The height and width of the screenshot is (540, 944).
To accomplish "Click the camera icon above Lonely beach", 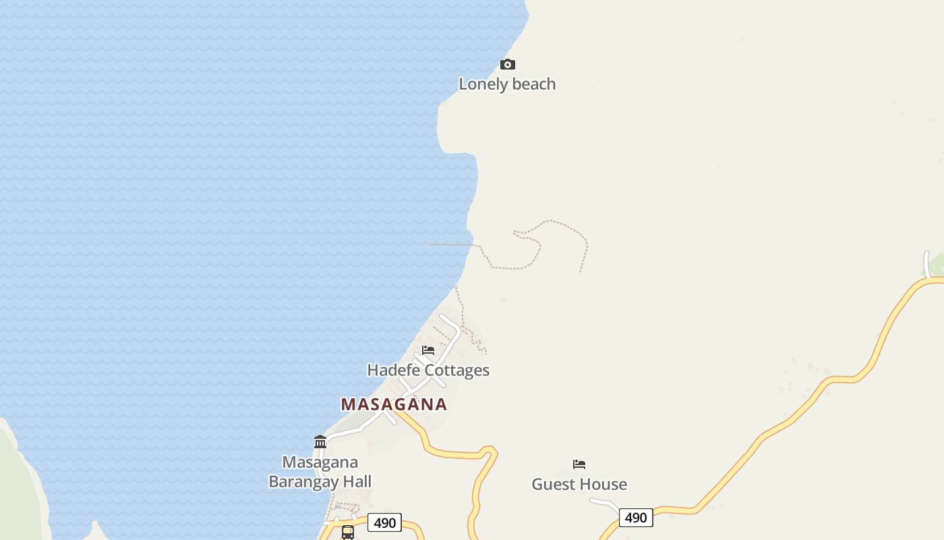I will tap(508, 65).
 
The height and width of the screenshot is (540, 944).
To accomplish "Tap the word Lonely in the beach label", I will tap(483, 84).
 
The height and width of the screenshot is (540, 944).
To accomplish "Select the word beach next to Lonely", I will tap(533, 84).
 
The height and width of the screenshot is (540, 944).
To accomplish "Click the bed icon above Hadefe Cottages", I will tap(428, 350).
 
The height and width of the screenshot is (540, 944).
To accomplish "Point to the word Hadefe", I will tap(390, 371).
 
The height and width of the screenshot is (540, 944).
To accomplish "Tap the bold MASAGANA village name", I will tap(394, 404).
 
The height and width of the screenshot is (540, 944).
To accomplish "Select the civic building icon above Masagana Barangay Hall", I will tap(320, 442).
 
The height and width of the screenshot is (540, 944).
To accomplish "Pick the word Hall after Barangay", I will tap(355, 482).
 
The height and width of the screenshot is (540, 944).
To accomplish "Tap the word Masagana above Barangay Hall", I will tap(320, 463).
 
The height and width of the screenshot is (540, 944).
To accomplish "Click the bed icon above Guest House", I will tap(579, 464).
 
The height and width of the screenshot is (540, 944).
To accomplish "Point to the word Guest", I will tap(555, 485).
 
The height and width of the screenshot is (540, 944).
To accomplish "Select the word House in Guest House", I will tap(604, 485).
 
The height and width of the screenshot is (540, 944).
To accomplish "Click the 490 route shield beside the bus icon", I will tap(384, 523).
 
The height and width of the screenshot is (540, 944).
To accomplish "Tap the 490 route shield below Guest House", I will tap(636, 518).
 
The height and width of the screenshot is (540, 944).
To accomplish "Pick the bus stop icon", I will tap(348, 532).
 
